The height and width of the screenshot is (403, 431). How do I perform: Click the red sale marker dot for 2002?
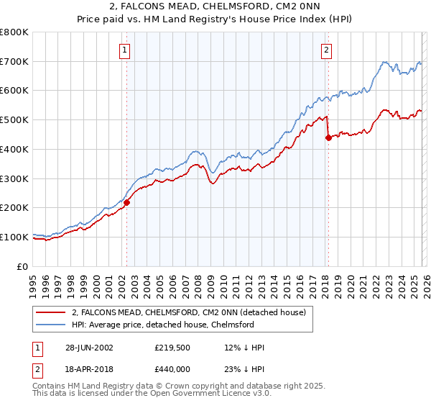point(127,202)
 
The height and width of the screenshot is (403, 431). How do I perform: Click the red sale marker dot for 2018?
point(328,137)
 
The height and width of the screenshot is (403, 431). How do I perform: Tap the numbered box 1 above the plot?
point(125,50)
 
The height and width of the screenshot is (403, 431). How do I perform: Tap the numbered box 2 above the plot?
point(326,50)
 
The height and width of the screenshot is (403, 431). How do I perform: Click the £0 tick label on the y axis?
point(24,266)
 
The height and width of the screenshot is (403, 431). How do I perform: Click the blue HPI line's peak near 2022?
point(385,63)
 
